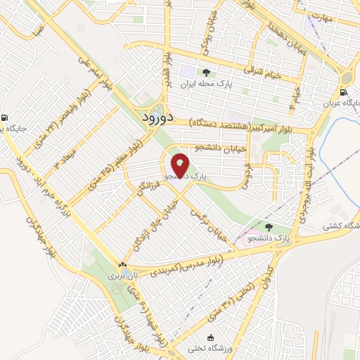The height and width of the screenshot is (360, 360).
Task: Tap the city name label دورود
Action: click(x=152, y=116)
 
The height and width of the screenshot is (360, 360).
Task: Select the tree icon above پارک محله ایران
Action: click(x=205, y=73)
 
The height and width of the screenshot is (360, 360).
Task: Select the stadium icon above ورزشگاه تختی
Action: click(x=210, y=337)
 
